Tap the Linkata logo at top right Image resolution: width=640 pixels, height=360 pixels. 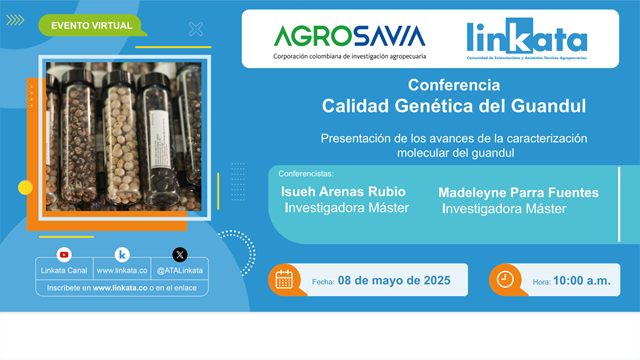[x=526, y=41]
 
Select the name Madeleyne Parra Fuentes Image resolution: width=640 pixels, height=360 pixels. [x=519, y=191]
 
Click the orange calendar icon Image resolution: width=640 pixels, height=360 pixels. [x=284, y=279]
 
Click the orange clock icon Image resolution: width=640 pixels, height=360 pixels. [x=505, y=279]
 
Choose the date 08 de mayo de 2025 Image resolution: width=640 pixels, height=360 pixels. [x=394, y=281]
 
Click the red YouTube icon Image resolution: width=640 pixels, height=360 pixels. [x=64, y=254]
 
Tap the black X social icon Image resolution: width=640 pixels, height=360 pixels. [x=180, y=254]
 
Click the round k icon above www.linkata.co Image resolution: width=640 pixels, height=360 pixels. [x=122, y=254]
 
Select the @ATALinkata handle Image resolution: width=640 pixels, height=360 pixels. [x=180, y=271]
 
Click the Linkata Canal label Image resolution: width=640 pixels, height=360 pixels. [x=64, y=271]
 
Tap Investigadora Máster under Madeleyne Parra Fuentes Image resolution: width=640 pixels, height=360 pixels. [x=504, y=209]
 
